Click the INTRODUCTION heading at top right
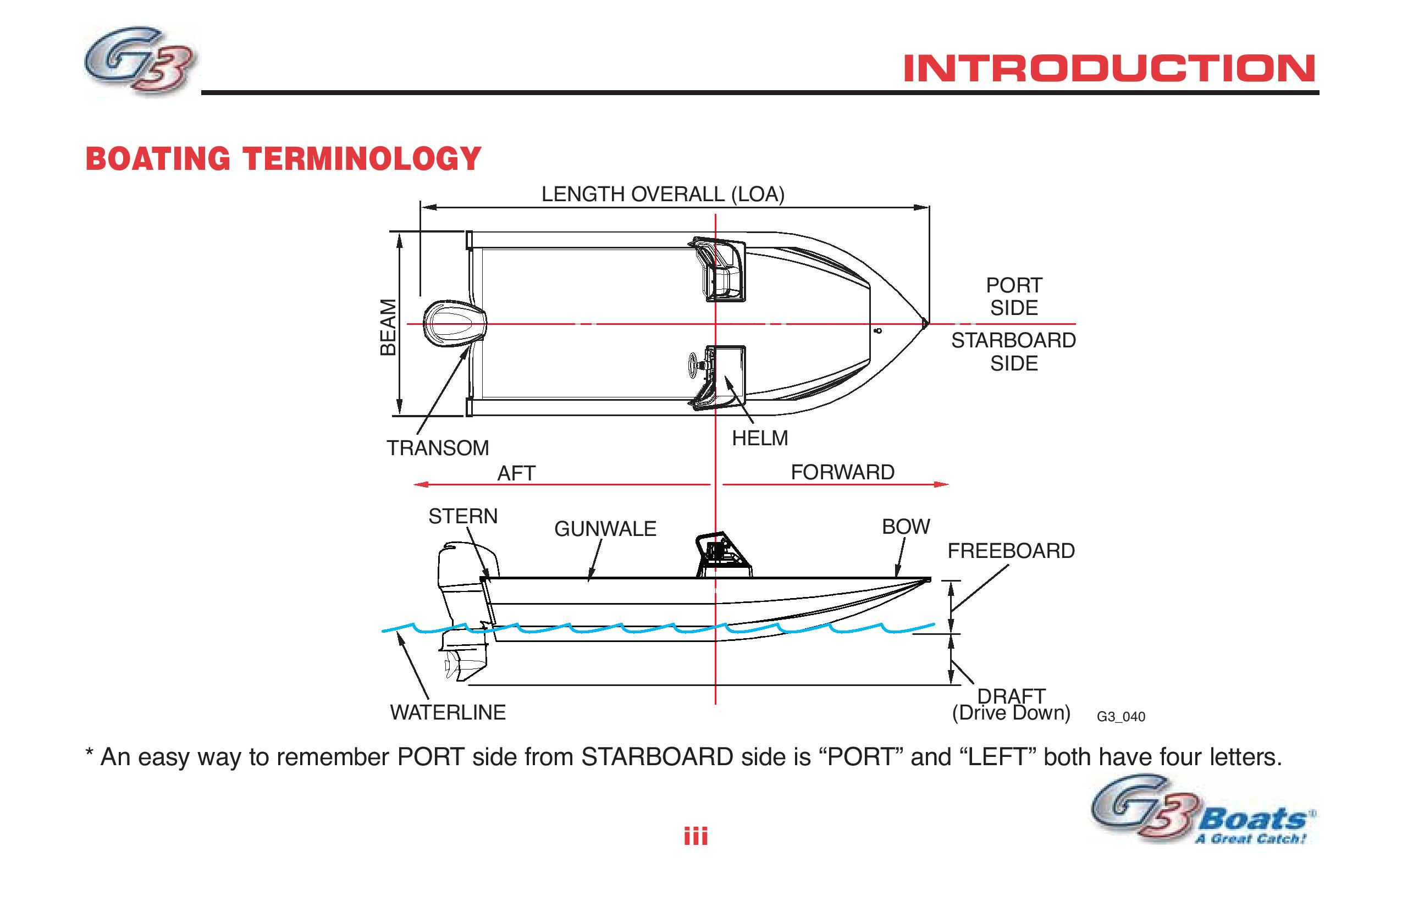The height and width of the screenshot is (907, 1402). [1110, 68]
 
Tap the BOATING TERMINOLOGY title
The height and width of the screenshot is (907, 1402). [283, 159]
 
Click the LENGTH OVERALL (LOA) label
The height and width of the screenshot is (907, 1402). [663, 195]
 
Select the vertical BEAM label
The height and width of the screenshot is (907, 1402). [388, 327]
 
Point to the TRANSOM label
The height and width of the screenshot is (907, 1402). [438, 448]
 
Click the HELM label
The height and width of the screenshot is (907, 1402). [760, 438]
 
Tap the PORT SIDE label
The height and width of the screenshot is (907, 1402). [1014, 296]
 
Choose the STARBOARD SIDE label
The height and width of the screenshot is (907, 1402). [1013, 352]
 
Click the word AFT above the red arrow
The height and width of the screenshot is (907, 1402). [516, 473]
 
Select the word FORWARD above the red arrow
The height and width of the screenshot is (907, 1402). [842, 472]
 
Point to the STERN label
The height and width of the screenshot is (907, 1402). [463, 516]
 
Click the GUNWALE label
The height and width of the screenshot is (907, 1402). [605, 529]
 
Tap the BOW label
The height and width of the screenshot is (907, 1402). [906, 527]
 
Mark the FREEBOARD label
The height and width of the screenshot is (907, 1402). [1011, 551]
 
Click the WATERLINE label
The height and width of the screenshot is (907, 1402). [448, 712]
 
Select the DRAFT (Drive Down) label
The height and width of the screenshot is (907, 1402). [1011, 704]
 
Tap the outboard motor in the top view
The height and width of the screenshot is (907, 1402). [455, 323]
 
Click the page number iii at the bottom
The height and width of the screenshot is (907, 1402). [696, 836]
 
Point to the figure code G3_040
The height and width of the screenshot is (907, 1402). [1121, 717]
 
